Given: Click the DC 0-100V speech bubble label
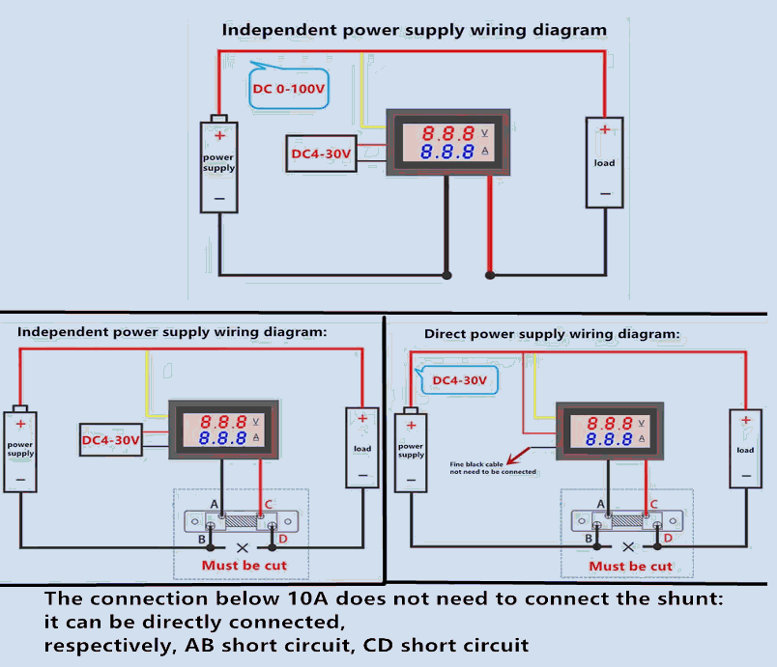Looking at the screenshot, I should (287, 94).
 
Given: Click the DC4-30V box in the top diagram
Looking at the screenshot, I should (322, 153).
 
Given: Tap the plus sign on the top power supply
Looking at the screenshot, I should (219, 136).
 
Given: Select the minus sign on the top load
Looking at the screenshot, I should (605, 193).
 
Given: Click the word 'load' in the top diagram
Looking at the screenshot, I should (605, 162).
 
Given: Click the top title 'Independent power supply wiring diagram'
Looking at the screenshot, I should (415, 29).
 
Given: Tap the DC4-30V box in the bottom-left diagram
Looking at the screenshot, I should (111, 440).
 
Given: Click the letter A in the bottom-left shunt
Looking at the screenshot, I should (215, 504).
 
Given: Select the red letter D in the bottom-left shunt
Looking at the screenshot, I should (282, 538).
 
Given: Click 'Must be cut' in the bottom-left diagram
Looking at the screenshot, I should (244, 565).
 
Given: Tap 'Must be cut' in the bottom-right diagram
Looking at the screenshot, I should (630, 566).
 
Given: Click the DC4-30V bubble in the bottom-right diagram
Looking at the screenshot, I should (459, 380).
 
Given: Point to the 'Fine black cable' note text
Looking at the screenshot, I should (493, 468).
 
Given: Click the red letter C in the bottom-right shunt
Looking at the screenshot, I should (654, 504).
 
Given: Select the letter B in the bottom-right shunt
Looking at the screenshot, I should (589, 538).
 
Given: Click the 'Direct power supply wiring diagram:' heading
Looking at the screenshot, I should (552, 334).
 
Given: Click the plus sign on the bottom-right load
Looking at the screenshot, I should (745, 420).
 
